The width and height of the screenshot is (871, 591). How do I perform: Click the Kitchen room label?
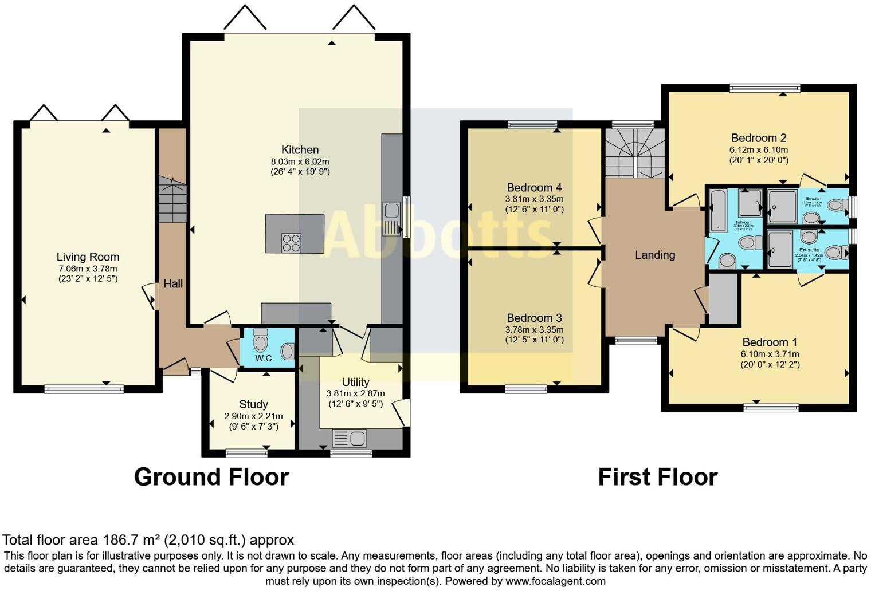tap(300, 150)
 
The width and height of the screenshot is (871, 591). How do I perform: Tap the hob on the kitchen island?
tap(291, 243)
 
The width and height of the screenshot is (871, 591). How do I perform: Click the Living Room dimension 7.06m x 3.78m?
tap(88, 269)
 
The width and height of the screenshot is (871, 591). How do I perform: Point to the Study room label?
tap(253, 404)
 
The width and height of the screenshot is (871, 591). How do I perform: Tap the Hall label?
tap(173, 283)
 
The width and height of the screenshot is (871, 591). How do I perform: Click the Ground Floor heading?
tap(211, 477)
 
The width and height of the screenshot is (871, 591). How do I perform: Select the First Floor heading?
tap(657, 477)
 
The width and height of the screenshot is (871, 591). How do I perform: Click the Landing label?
tap(655, 255)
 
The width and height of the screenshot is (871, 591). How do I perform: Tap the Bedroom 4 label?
tap(534, 188)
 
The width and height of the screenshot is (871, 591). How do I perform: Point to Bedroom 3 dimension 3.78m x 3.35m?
tap(534, 330)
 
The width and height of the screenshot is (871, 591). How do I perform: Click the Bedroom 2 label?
tap(759, 138)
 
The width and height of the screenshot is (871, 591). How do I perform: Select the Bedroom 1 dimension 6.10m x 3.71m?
tap(770, 354)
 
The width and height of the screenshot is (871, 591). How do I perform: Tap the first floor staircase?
tap(635, 153)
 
